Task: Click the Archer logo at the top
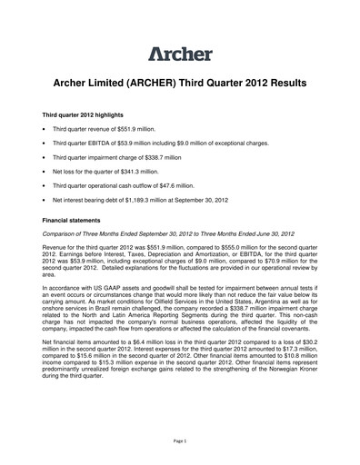[x=180, y=53]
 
